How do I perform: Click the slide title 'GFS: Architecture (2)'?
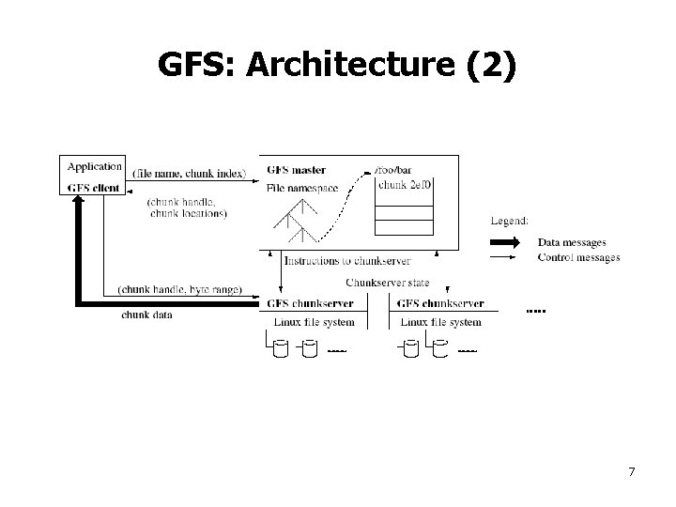click(337, 65)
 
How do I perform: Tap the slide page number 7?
click(632, 470)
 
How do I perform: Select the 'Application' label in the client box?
click(94, 166)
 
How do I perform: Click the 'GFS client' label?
click(94, 187)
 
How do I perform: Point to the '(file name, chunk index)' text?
click(190, 173)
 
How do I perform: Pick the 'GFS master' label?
click(296, 170)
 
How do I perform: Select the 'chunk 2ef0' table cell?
click(405, 185)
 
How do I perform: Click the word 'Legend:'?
click(510, 221)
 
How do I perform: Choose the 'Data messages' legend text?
click(572, 243)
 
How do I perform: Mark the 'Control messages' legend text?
click(578, 257)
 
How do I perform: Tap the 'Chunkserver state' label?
click(388, 283)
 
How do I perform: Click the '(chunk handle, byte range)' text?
click(180, 289)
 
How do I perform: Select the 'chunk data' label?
click(146, 315)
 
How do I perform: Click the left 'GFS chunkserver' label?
click(310, 303)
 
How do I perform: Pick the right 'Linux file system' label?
click(440, 322)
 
